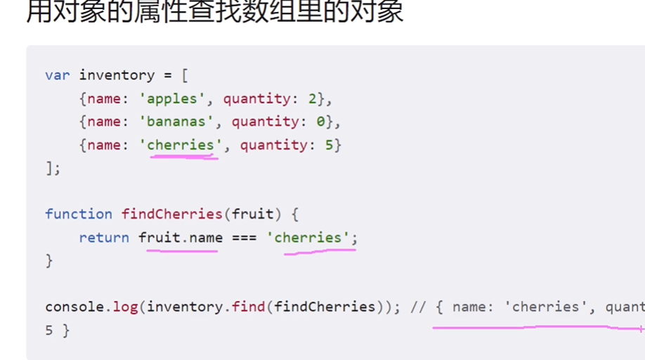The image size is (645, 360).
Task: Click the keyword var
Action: (58, 75)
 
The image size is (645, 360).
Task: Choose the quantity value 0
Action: (320, 122)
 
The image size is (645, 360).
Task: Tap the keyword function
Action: (79, 214)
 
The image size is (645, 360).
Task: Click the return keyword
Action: (104, 238)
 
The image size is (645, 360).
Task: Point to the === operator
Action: (244, 238)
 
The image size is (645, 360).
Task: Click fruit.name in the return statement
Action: (181, 238)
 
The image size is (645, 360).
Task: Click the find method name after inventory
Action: (253, 307)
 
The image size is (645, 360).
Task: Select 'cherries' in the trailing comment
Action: (545, 307)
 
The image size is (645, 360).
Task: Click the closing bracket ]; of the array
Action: (53, 168)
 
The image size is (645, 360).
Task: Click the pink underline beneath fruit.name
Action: (181, 250)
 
